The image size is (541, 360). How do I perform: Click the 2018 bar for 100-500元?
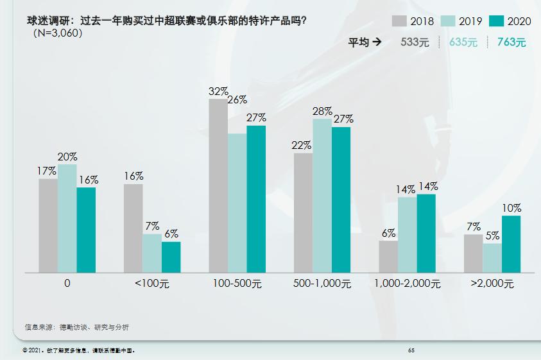tap(218, 185)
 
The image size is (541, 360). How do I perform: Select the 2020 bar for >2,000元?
tap(511, 244)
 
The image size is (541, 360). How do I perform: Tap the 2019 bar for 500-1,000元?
tap(322, 196)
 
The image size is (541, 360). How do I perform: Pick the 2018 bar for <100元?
tap(133, 228)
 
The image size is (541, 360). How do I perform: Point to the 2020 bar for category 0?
tap(86, 230)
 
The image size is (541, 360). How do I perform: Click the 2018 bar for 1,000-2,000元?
tap(388, 256)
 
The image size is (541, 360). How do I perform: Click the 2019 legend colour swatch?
tap(449, 21)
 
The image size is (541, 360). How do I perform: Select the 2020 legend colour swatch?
tap(497, 21)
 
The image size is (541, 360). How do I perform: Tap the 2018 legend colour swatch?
tap(400, 21)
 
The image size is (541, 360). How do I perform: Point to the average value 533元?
tap(414, 43)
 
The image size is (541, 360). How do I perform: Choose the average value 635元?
tap(463, 43)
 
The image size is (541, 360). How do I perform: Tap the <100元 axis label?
tap(152, 283)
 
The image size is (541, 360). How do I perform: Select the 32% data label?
tap(218, 92)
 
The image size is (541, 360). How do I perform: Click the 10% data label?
tap(511, 209)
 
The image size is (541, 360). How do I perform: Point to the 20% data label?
tap(67, 157)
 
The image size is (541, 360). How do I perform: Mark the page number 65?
tap(411, 350)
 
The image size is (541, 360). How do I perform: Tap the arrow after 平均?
tap(377, 43)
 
